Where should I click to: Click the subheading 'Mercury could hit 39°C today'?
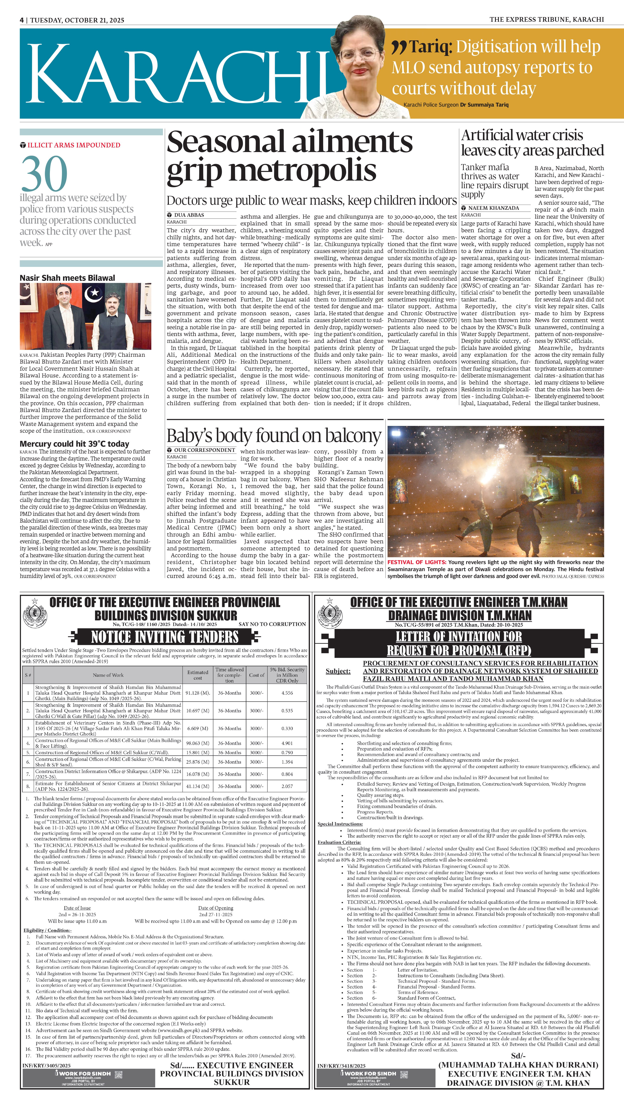[74, 444]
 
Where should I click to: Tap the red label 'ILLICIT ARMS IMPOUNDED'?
[74, 145]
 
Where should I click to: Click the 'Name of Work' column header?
[108, 675]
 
